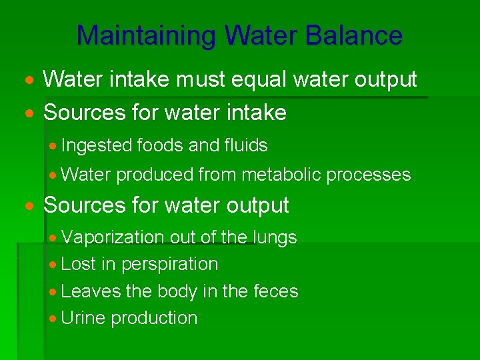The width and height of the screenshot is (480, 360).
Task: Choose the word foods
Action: pyautogui.click(x=159, y=146)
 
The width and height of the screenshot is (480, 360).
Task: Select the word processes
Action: pyautogui.click(x=371, y=175)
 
